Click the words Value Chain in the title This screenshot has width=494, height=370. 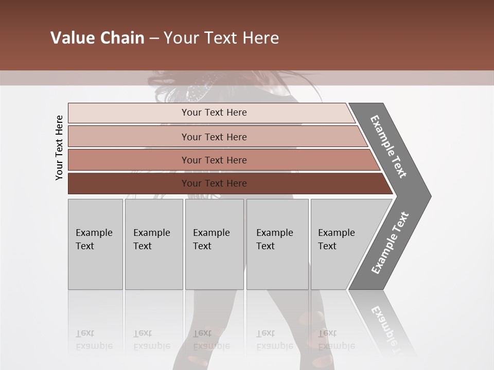(97, 38)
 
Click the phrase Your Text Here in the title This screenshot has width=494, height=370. (221, 38)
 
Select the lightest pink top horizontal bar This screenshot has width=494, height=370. (214, 113)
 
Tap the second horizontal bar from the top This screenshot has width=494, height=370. (214, 137)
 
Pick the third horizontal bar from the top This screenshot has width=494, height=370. (214, 160)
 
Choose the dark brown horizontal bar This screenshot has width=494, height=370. (214, 183)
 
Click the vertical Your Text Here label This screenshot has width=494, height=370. (59, 147)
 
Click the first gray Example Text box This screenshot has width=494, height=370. (95, 244)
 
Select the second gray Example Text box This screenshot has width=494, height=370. (153, 244)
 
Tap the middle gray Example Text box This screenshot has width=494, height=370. (214, 244)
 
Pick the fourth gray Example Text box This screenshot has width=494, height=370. (277, 244)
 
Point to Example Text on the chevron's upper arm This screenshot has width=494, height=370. (389, 146)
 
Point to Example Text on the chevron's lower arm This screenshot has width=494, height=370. (390, 243)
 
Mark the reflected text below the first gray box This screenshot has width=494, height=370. (94, 340)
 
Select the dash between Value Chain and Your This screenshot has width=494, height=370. (154, 39)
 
